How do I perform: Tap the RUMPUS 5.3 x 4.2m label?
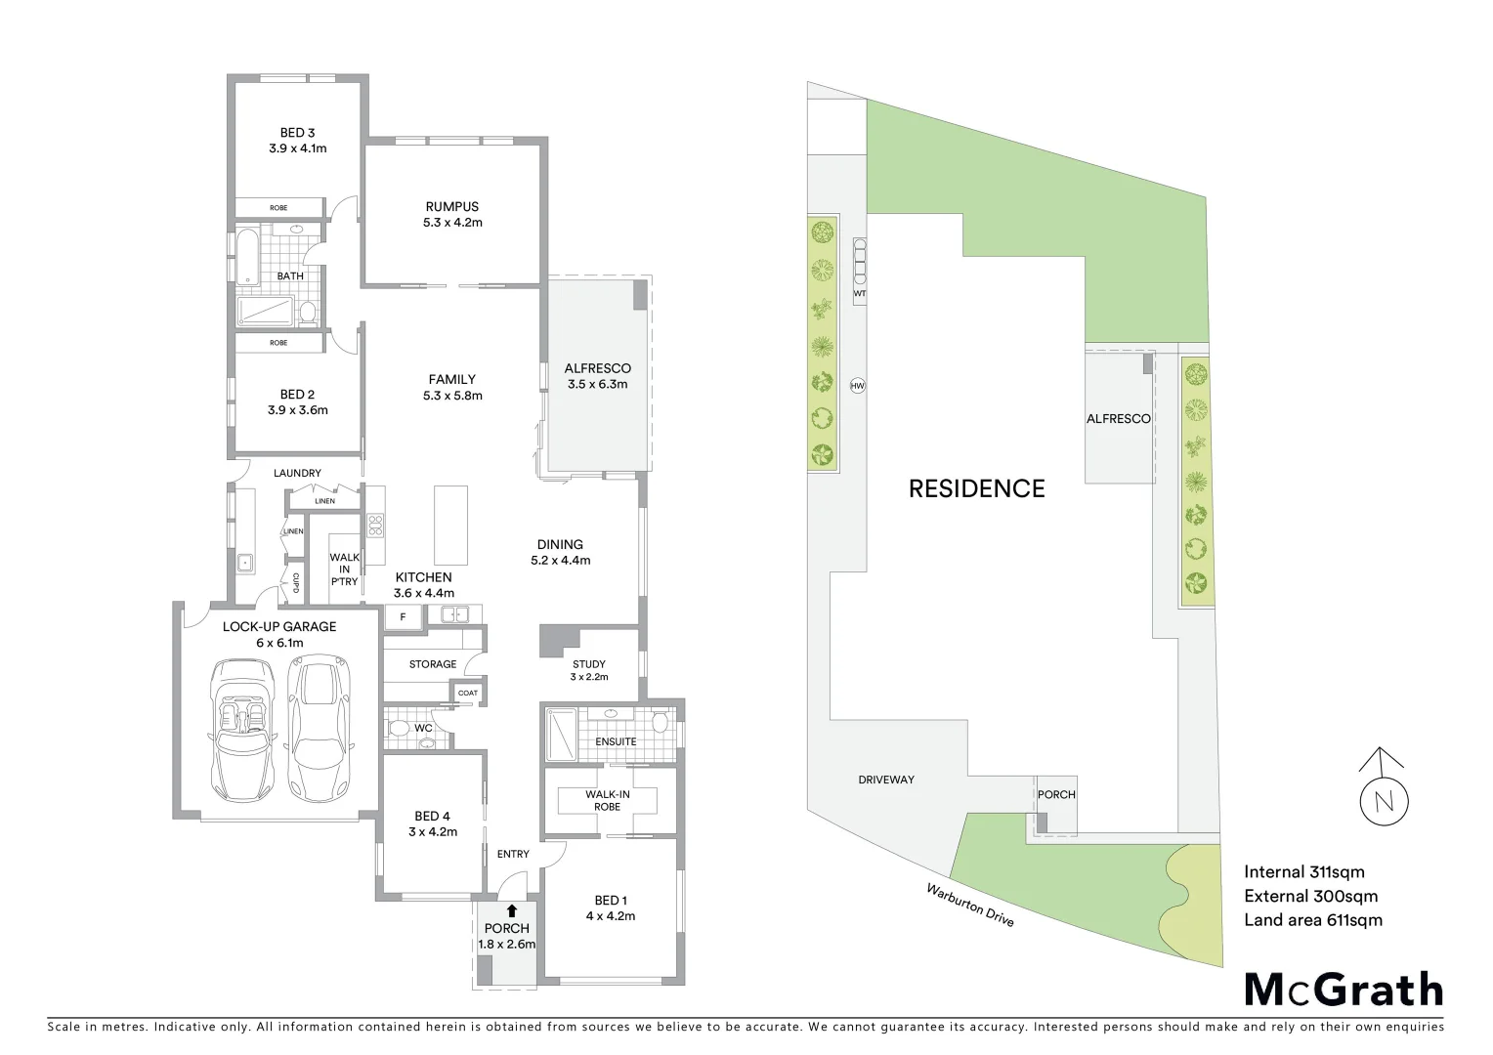tap(451, 214)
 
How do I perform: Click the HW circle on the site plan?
tap(858, 386)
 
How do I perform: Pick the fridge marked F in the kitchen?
tap(402, 616)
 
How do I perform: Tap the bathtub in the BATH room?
tap(244, 256)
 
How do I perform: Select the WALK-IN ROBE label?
tap(607, 801)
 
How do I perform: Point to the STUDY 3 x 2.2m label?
tap(589, 670)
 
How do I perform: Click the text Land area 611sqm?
tap(1312, 919)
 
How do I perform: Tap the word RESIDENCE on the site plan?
tap(976, 488)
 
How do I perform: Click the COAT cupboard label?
tap(468, 693)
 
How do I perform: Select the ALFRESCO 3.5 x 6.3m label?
tap(597, 376)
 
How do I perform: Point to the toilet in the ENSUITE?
tap(661, 723)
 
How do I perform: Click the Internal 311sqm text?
tap(1303, 872)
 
